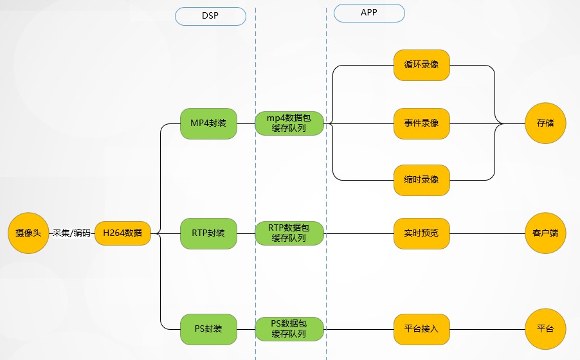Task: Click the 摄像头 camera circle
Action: click(x=28, y=233)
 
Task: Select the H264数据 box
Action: click(x=123, y=233)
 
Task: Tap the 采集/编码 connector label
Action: click(x=71, y=233)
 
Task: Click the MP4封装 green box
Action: click(x=209, y=123)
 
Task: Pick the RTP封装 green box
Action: click(x=209, y=233)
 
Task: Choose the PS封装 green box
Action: click(x=209, y=328)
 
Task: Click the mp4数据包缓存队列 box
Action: click(x=289, y=123)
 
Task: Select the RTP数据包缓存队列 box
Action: click(x=289, y=233)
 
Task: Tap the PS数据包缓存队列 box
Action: click(x=289, y=328)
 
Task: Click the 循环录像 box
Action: click(x=422, y=66)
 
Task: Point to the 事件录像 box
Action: click(x=422, y=123)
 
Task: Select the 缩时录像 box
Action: click(x=422, y=179)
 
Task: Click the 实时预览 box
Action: click(x=422, y=233)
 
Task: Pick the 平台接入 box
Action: click(x=422, y=328)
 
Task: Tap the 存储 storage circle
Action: click(x=545, y=123)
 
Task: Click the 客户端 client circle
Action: click(x=545, y=233)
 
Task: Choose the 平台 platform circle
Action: click(x=545, y=328)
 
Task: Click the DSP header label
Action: click(x=210, y=16)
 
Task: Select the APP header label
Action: click(x=369, y=13)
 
